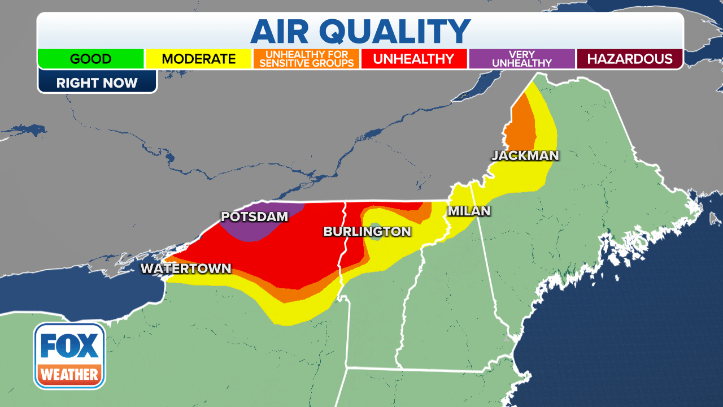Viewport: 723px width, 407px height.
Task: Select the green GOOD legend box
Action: pos(91,59)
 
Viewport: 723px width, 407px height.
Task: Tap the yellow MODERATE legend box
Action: pos(199,59)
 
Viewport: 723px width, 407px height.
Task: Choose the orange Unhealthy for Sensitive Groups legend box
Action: pos(307,59)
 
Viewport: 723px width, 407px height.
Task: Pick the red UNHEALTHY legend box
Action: pos(414,59)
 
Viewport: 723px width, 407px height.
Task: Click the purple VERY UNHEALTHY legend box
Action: pos(521,59)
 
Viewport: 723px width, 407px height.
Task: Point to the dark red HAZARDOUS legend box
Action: pos(629,59)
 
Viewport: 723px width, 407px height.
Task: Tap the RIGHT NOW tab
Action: pos(97,83)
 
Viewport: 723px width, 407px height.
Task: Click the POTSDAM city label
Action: pos(254,217)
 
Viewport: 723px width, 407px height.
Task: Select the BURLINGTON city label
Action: pos(367,231)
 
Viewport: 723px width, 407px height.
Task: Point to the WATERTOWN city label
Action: pos(186,269)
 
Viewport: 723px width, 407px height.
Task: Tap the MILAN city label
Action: pos(469,211)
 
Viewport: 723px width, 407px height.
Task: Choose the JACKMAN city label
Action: pos(525,155)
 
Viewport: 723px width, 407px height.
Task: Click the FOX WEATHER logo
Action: pos(69,356)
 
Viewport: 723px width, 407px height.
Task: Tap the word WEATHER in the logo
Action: pos(69,374)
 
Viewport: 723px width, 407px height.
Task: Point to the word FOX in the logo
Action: pos(69,346)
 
